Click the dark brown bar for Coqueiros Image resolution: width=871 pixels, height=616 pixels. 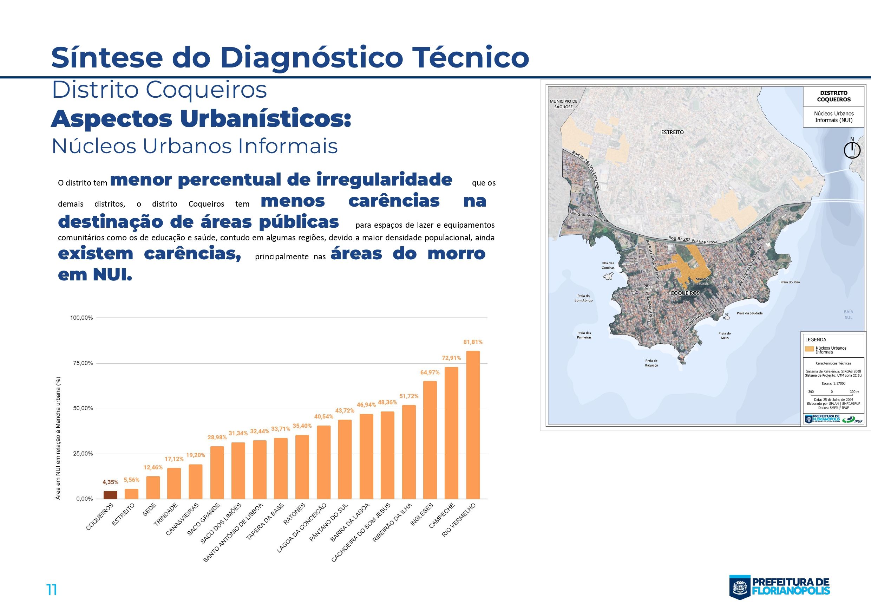click(110, 494)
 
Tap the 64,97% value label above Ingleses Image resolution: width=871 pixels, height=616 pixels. click(430, 372)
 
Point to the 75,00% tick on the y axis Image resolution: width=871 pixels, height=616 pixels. click(81, 363)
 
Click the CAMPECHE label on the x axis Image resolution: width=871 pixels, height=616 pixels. click(441, 516)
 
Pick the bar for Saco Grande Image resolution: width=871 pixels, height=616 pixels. click(217, 472)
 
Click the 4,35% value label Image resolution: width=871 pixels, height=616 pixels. click(110, 482)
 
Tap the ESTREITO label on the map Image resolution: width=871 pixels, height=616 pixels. click(672, 132)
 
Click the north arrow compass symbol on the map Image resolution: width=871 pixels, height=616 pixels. click(852, 150)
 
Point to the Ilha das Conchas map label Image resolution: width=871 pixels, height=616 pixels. click(608, 265)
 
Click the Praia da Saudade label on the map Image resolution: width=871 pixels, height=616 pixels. click(749, 313)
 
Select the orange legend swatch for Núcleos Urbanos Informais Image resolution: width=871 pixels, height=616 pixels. click(809, 349)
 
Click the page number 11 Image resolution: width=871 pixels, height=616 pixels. click(52, 590)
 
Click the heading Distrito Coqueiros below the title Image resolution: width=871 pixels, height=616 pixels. click(159, 90)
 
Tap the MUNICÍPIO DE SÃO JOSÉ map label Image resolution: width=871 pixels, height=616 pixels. click(563, 104)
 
